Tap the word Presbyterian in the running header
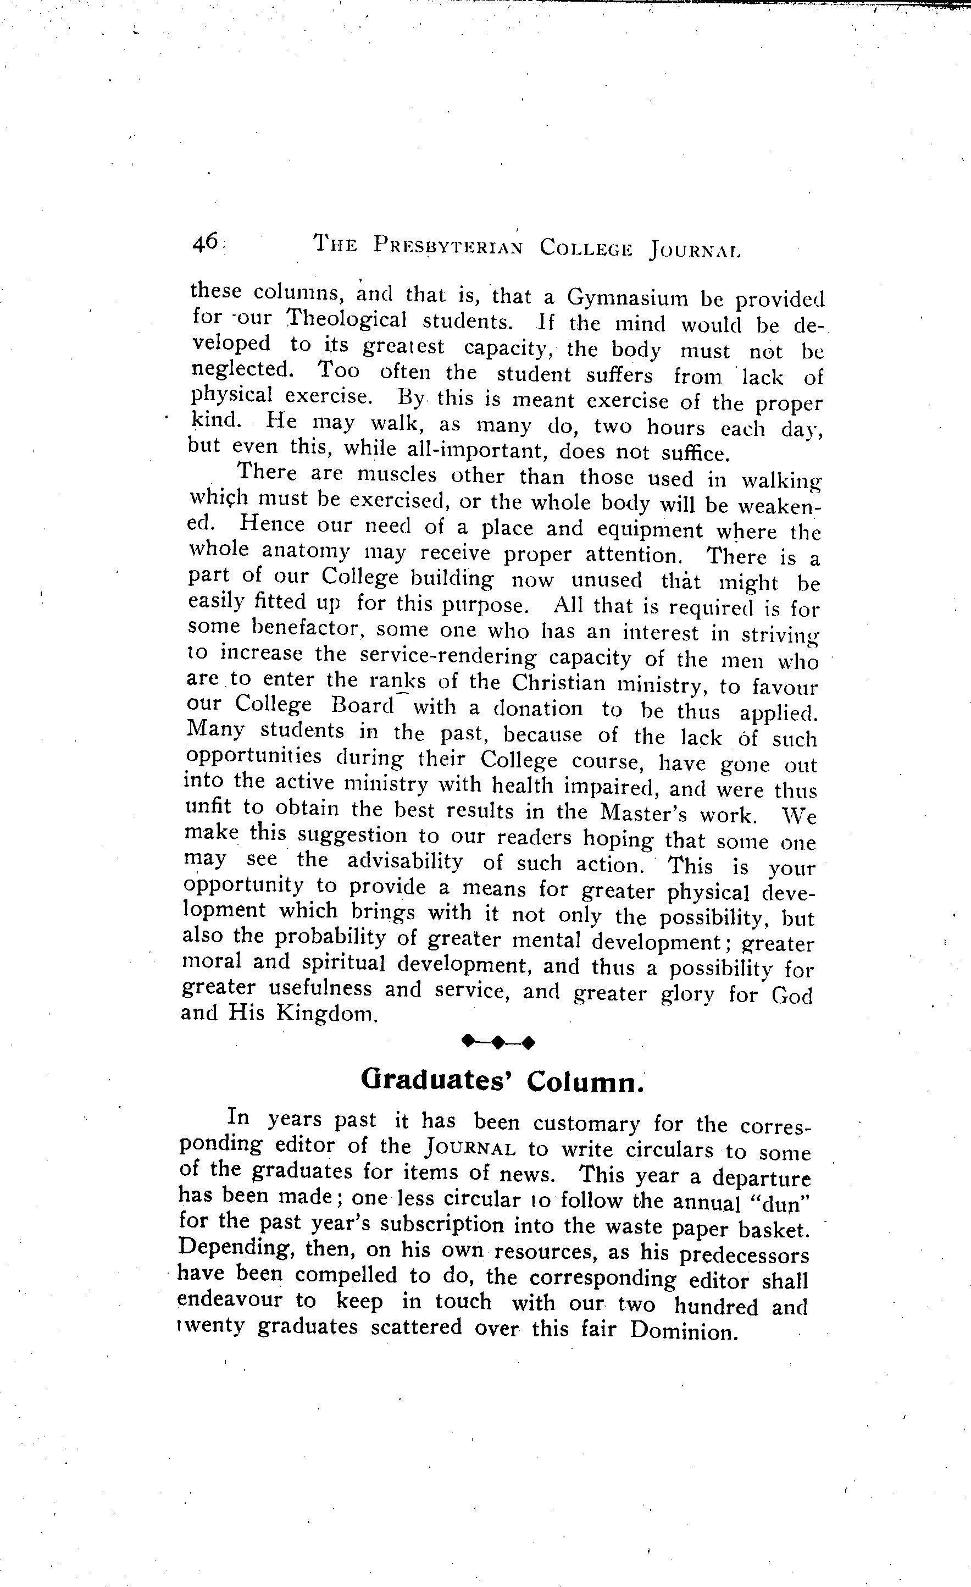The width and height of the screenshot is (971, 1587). click(448, 247)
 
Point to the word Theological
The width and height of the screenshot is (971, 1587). click(347, 319)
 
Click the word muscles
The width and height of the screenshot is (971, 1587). click(397, 475)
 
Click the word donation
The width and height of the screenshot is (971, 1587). click(537, 709)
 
